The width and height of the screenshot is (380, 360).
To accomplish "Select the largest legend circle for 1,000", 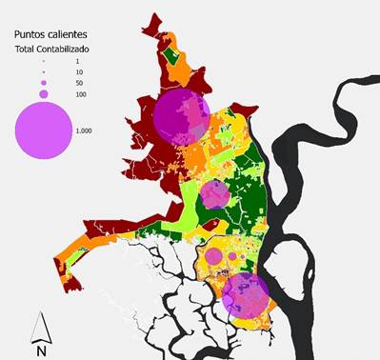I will click(42, 129).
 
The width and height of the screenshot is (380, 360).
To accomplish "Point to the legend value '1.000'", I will click(86, 130).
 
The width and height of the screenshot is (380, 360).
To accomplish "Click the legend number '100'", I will click(81, 94).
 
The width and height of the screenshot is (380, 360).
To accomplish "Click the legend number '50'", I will click(80, 83).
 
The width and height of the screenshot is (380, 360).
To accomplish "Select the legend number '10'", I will click(79, 72).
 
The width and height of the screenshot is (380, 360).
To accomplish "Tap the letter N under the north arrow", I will click(41, 350).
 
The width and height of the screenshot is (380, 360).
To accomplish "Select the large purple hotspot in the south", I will click(247, 294).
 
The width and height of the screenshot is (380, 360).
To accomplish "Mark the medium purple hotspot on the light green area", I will click(215, 194).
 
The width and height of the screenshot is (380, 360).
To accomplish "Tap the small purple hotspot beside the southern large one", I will click(210, 257).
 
